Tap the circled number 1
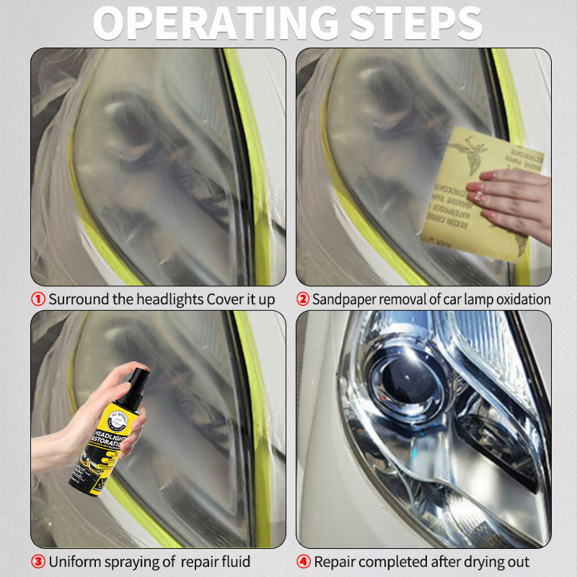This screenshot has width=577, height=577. pyautogui.click(x=38, y=299)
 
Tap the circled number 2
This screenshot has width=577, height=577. pyautogui.click(x=303, y=299)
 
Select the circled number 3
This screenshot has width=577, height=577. pyautogui.click(x=38, y=561)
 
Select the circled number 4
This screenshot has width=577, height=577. pyautogui.click(x=303, y=561)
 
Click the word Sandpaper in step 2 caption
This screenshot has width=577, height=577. pyautogui.click(x=342, y=299)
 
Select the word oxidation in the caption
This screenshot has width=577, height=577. pyautogui.click(x=520, y=299)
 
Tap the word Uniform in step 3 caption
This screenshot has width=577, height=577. pyautogui.click(x=73, y=561)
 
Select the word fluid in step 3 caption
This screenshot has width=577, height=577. pyautogui.click(x=235, y=561)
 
